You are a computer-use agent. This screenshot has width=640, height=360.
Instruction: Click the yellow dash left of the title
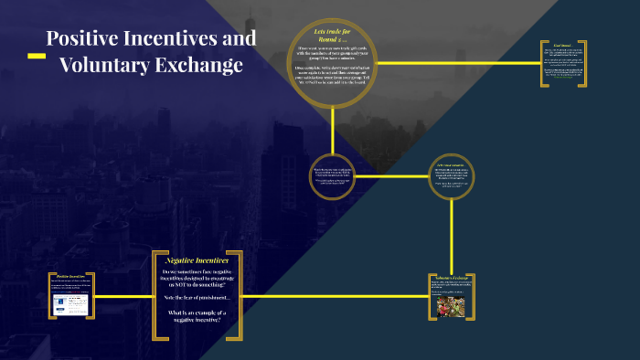tap(37, 56)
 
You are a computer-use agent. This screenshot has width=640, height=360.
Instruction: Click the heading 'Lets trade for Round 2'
tap(332, 36)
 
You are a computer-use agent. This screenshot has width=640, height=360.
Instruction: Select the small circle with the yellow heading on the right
tap(453, 176)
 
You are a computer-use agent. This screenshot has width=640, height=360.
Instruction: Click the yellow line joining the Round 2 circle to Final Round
tap(457, 63)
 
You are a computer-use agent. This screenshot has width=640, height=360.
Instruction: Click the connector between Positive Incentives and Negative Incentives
tap(123, 296)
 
